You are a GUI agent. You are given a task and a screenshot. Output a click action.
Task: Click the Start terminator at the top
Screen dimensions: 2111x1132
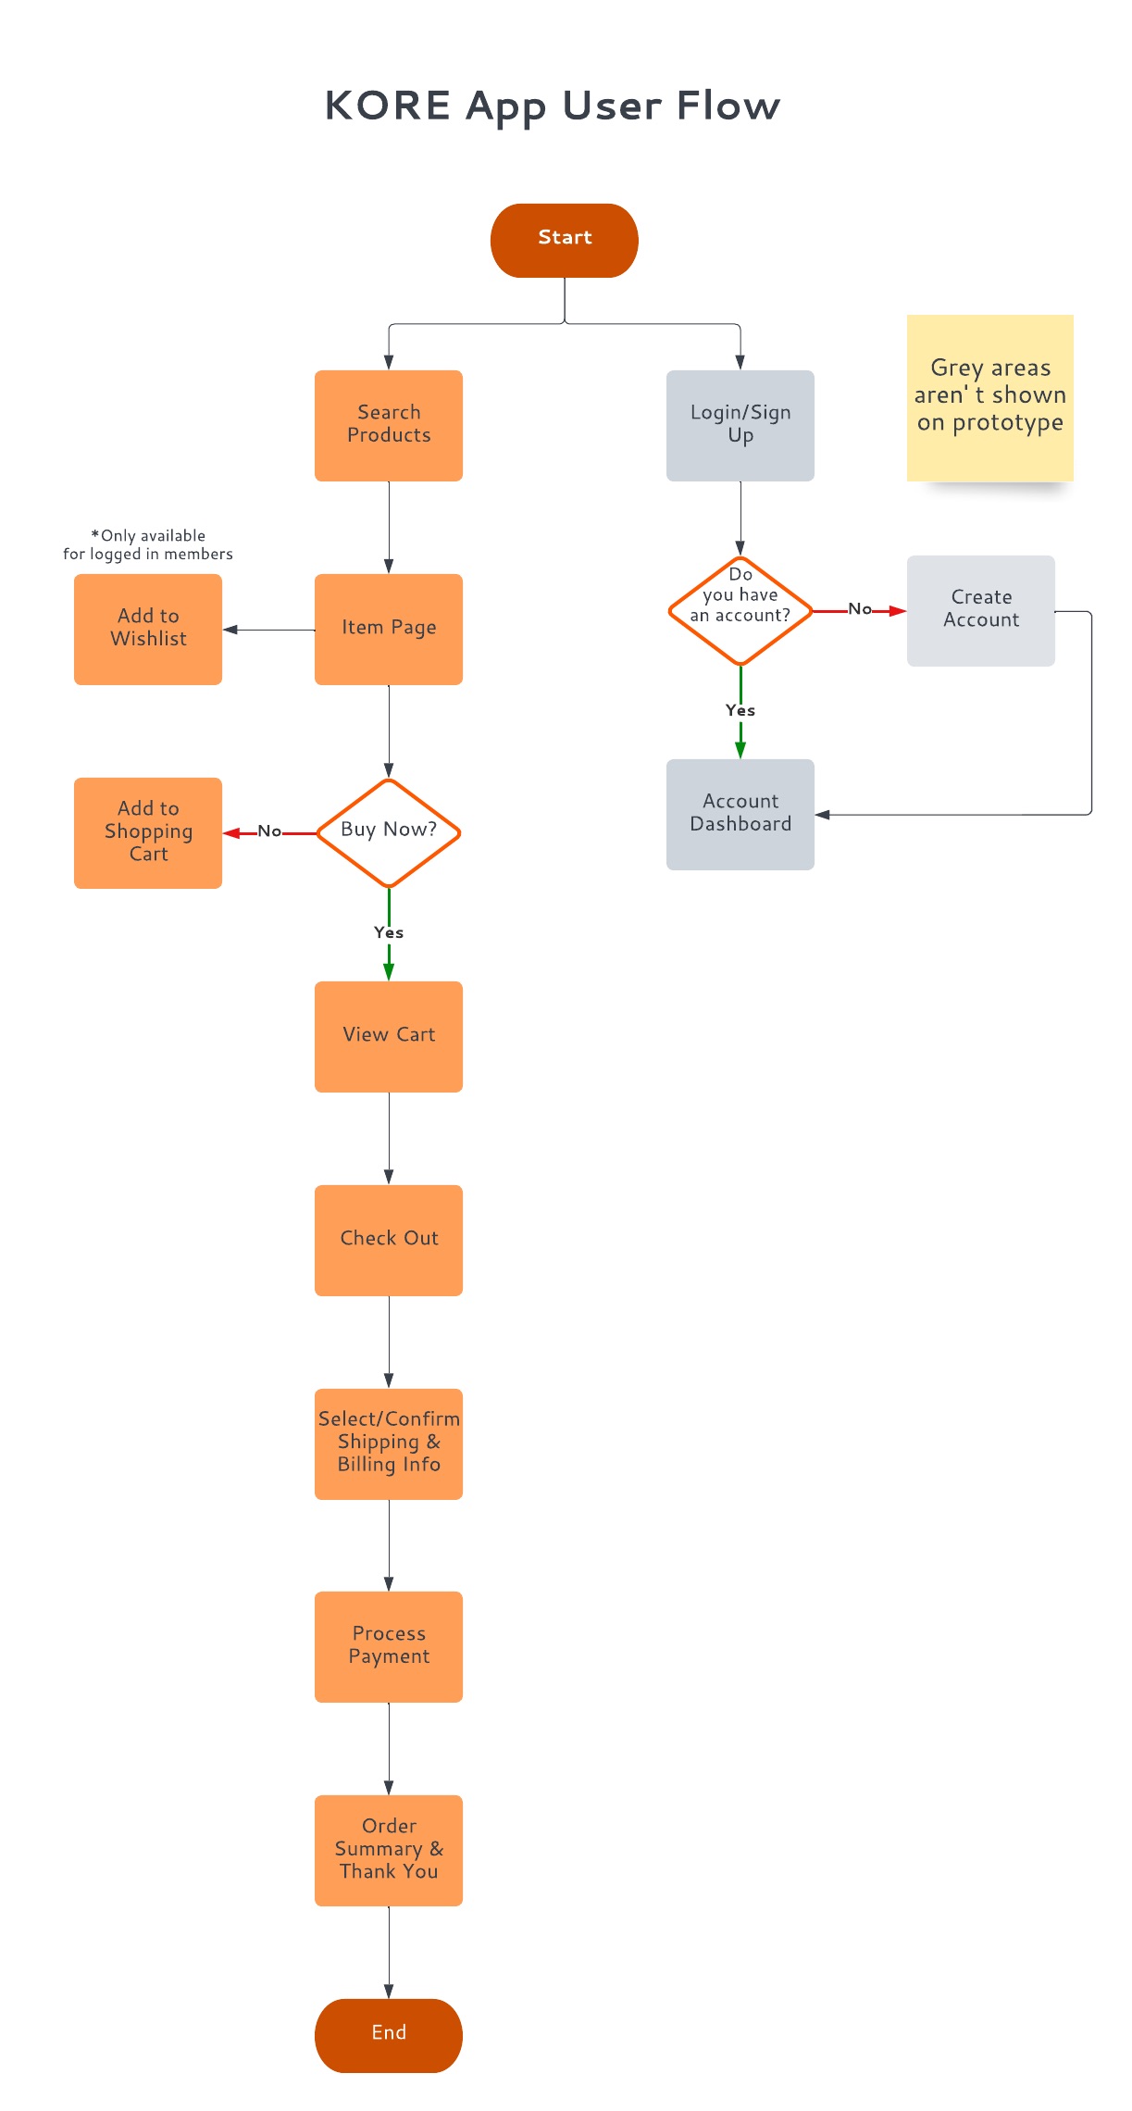click(564, 240)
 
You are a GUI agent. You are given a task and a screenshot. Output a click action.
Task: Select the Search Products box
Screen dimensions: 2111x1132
click(389, 425)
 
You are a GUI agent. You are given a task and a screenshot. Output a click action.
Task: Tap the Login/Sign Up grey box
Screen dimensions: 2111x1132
click(740, 425)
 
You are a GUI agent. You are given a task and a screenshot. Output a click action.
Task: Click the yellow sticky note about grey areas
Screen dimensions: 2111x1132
click(989, 397)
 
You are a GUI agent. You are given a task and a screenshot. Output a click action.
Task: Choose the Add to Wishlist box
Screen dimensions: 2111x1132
click(148, 629)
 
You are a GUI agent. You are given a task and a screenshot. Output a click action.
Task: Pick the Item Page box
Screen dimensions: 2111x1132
click(389, 629)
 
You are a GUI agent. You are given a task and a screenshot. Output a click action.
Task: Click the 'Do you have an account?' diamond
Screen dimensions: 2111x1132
click(740, 610)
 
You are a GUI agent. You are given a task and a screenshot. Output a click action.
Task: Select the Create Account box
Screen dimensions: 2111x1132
click(980, 610)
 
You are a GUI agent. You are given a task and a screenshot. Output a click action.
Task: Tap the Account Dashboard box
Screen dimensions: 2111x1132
click(740, 814)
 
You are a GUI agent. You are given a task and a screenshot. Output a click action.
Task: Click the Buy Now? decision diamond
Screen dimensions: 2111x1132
click(389, 831)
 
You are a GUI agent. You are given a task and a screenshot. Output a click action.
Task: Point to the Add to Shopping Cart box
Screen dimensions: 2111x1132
click(148, 832)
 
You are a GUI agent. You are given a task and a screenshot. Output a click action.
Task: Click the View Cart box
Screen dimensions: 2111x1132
click(389, 1036)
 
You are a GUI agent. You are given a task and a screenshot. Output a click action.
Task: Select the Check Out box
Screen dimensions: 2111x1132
click(389, 1240)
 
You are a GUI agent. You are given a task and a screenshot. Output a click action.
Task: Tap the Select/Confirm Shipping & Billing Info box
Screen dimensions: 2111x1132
click(389, 1443)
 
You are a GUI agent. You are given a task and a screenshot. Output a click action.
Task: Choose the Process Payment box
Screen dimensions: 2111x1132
click(389, 1646)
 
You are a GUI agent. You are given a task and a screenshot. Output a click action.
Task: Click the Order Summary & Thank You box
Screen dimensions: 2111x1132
click(389, 1850)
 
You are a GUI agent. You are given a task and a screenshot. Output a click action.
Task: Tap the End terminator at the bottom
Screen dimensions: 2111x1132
click(389, 2034)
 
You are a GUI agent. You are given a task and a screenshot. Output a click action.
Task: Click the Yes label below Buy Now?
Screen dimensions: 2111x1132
click(389, 932)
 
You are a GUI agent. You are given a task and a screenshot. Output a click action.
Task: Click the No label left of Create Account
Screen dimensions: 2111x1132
click(860, 608)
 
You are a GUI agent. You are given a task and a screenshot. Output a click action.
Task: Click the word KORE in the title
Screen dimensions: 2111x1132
click(387, 106)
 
